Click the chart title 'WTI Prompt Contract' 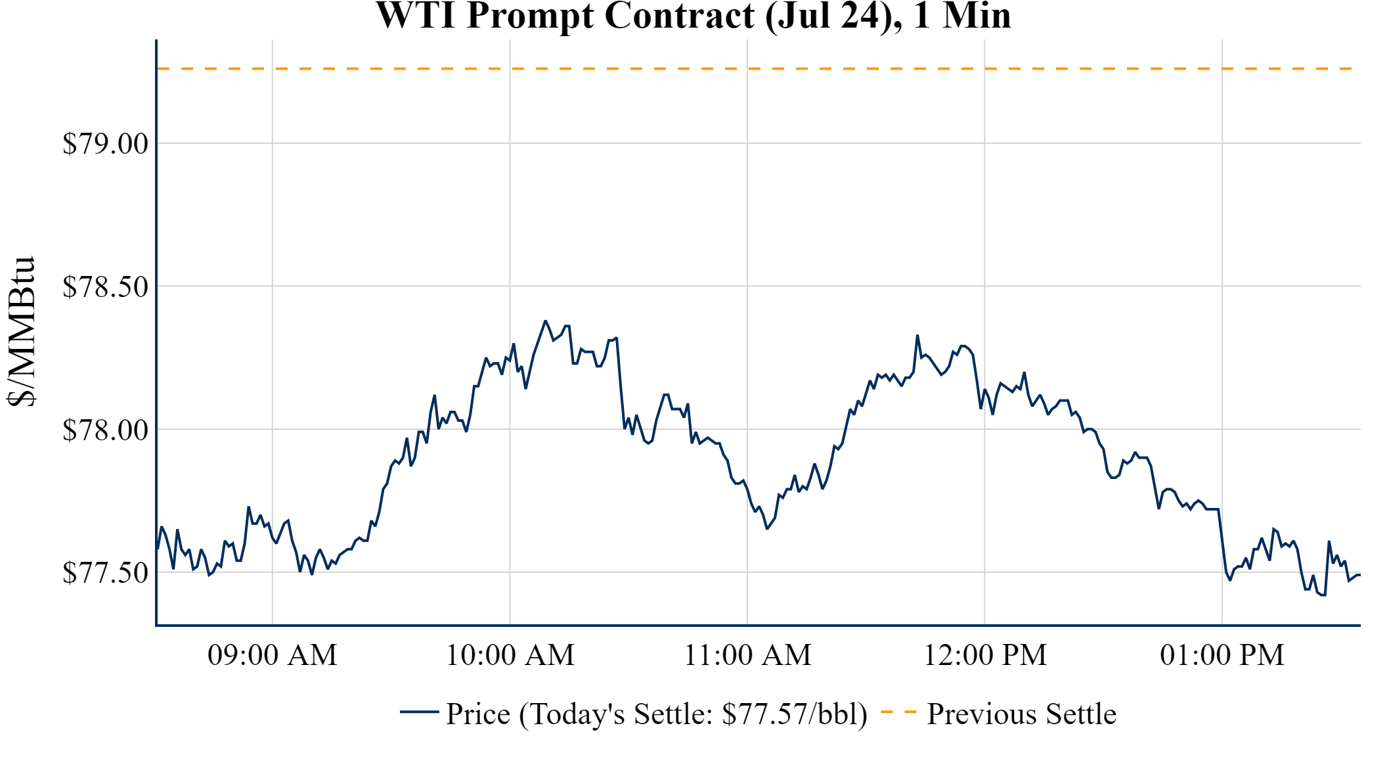coord(565,16)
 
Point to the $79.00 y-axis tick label coord(105,143)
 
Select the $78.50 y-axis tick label coord(105,287)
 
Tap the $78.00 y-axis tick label coord(105,430)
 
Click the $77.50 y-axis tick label coord(105,572)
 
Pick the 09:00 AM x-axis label coord(273,655)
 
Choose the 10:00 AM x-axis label coord(510,655)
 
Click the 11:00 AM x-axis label coord(747,655)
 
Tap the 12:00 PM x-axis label coord(985,655)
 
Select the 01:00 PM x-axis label coord(1222,655)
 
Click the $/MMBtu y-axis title coord(21,332)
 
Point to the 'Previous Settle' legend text coord(1021,714)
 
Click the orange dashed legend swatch coord(898,712)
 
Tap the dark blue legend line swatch coord(419,712)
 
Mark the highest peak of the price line coord(545,321)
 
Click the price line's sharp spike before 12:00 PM coord(917,336)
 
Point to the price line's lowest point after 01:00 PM coord(1324,595)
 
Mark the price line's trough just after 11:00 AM coord(766,528)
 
